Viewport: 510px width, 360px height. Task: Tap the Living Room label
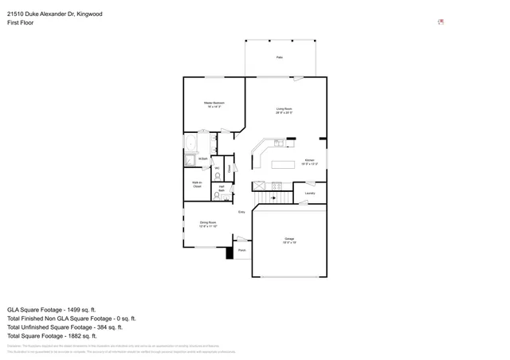[x=284, y=110]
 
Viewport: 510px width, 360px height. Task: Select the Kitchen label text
[x=309, y=162]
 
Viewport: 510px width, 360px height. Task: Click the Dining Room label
[x=209, y=223]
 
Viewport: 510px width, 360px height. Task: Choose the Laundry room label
[x=310, y=193]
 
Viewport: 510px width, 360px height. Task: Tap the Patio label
[x=280, y=58]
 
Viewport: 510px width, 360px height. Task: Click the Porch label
[x=241, y=249]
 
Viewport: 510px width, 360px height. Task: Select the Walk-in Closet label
[x=197, y=184]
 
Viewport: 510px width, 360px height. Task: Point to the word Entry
[x=241, y=211]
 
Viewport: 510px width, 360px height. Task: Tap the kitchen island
[x=283, y=165]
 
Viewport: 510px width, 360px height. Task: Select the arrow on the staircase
[x=273, y=196]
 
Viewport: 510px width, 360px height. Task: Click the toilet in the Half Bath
[x=227, y=194]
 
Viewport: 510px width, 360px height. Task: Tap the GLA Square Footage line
[x=52, y=309]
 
